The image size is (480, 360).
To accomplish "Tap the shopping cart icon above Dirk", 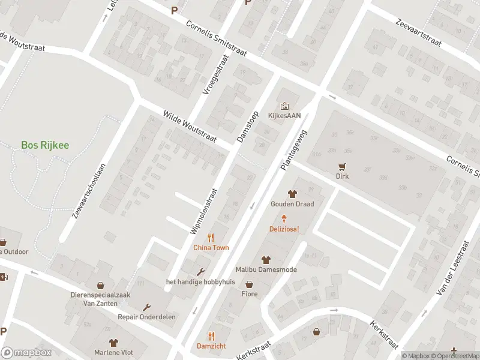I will click(342, 167).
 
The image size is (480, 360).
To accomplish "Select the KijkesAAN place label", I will click(285, 116).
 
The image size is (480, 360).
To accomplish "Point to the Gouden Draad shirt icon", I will click(292, 194).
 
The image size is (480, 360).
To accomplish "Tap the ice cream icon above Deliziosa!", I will click(284, 220).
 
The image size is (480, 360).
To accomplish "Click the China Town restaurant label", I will click(211, 247).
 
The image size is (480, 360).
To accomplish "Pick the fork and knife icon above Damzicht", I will click(211, 336).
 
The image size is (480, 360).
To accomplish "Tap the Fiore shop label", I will click(249, 295).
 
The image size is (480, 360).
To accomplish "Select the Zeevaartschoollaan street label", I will click(89, 191).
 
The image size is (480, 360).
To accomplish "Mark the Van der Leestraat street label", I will click(453, 262).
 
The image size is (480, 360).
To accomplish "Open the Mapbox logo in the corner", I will click(25, 353).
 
